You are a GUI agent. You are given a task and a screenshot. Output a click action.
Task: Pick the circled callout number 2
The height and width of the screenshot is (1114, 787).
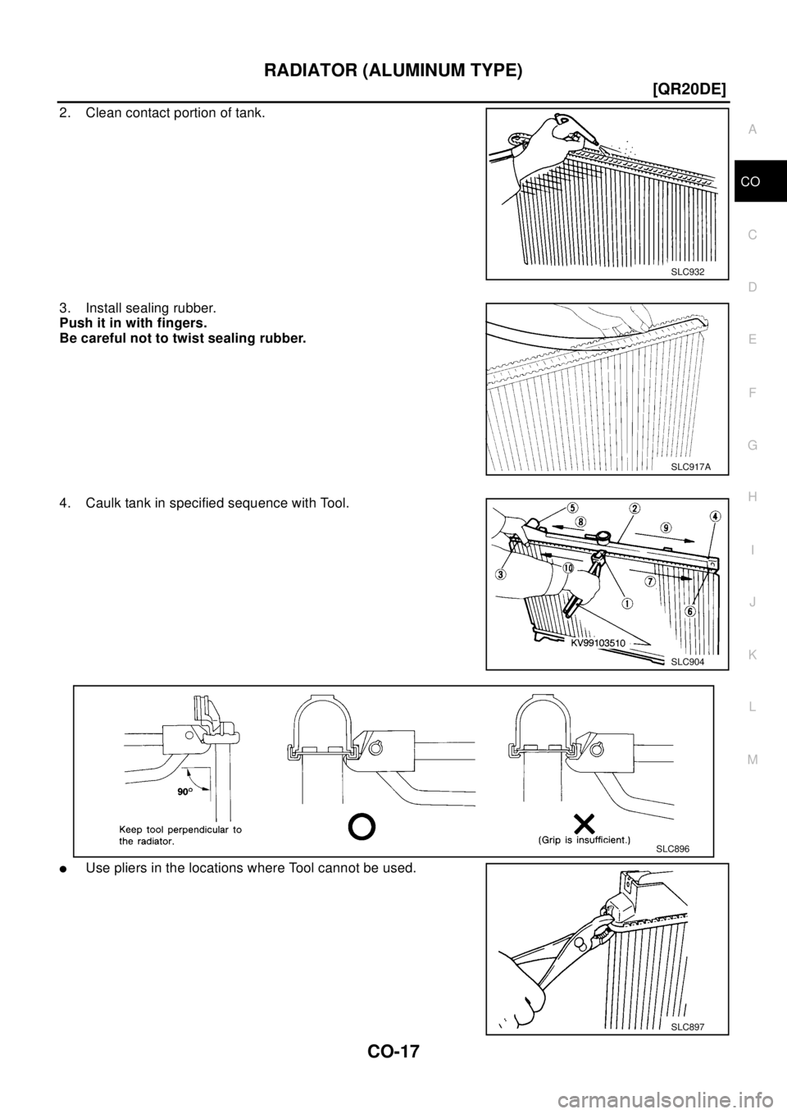point(635,508)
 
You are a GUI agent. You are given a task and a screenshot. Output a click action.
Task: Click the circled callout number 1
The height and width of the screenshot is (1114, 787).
point(626,605)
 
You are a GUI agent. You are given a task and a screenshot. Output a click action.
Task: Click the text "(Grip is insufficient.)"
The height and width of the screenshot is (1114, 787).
point(573,840)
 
